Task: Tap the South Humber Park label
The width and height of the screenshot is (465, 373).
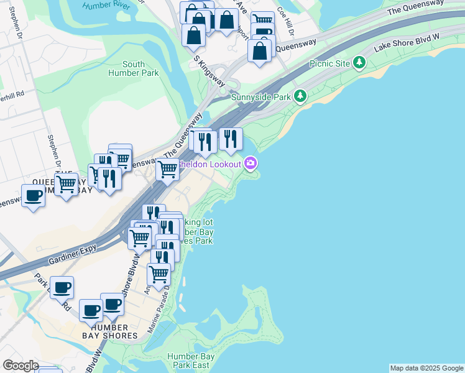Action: tap(134, 68)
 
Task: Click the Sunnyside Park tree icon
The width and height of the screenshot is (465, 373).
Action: tap(301, 96)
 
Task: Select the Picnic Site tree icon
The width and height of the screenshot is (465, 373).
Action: tap(359, 62)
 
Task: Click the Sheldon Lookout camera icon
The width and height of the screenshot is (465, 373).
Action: tap(251, 163)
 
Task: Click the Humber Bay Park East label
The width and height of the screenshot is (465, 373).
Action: tap(191, 361)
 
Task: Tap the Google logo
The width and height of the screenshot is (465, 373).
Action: tap(21, 366)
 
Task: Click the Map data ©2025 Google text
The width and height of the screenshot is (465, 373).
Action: tap(426, 368)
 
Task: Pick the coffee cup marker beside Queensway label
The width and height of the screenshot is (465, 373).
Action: tap(33, 196)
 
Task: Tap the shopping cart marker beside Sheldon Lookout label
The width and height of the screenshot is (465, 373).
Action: tap(167, 168)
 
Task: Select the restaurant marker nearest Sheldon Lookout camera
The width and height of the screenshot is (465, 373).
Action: tap(231, 139)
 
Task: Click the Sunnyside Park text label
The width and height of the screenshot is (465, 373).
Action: tap(261, 97)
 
